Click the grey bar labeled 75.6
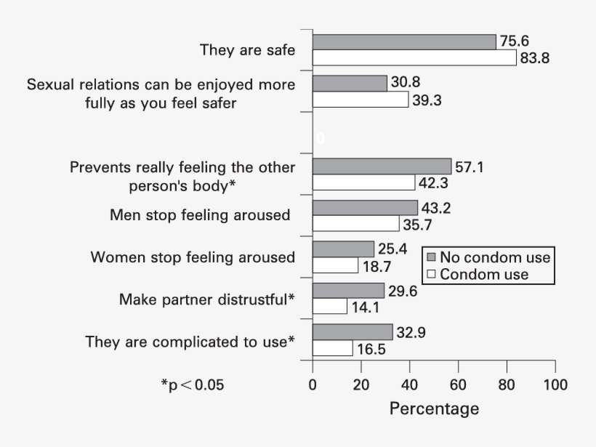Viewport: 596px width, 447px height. coord(404,42)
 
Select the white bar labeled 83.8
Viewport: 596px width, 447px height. coord(414,58)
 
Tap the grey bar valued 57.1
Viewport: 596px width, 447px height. coord(382,166)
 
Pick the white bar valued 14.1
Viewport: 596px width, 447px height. coord(329,307)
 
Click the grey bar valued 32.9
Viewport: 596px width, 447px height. coord(353,332)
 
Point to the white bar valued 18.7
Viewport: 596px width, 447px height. coord(335,266)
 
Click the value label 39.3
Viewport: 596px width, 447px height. coord(427,100)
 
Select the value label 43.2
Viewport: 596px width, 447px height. coord(437,208)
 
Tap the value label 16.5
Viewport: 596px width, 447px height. coord(371,349)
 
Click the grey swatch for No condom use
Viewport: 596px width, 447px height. coord(430,258)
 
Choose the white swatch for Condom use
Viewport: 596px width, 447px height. coord(430,275)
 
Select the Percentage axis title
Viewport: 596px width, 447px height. coord(434,408)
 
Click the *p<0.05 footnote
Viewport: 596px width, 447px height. coord(192,384)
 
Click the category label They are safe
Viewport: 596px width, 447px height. coord(247,50)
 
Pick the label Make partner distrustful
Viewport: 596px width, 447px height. coord(207,299)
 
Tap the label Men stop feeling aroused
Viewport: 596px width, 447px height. coord(200,215)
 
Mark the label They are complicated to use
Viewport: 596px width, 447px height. coord(190,341)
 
